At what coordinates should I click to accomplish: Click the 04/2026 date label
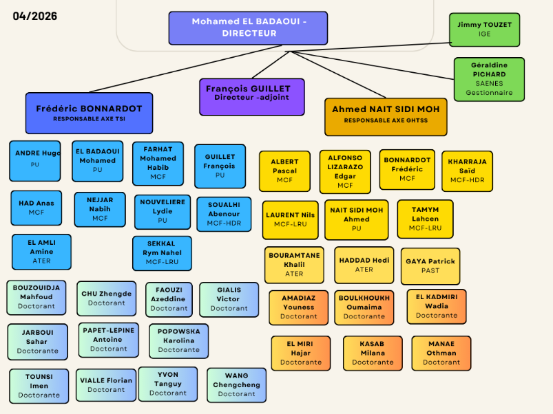click(x=35, y=16)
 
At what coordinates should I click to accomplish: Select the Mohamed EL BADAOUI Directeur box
click(x=248, y=28)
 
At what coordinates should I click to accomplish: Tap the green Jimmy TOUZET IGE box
click(x=484, y=30)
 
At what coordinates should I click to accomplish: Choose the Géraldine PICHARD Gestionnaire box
click(x=489, y=78)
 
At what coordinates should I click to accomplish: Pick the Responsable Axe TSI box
click(x=89, y=113)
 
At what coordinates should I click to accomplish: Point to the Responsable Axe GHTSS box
click(x=386, y=116)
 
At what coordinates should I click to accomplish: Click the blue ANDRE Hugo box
click(x=35, y=160)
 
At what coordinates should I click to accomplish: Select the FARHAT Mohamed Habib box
click(x=158, y=163)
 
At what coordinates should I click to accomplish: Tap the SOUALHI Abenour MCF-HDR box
click(x=224, y=213)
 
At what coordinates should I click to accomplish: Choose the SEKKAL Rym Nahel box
click(x=162, y=253)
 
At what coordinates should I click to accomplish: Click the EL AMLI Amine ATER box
click(x=41, y=252)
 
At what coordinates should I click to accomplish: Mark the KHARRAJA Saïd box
click(x=467, y=171)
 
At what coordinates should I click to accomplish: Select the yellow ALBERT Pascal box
click(x=284, y=171)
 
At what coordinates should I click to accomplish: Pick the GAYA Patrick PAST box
click(x=430, y=266)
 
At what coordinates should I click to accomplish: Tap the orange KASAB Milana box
click(x=373, y=353)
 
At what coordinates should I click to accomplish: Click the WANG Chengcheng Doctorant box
click(x=236, y=385)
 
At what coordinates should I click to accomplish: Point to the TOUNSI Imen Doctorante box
click(x=39, y=386)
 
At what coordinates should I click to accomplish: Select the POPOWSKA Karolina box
click(x=178, y=340)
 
